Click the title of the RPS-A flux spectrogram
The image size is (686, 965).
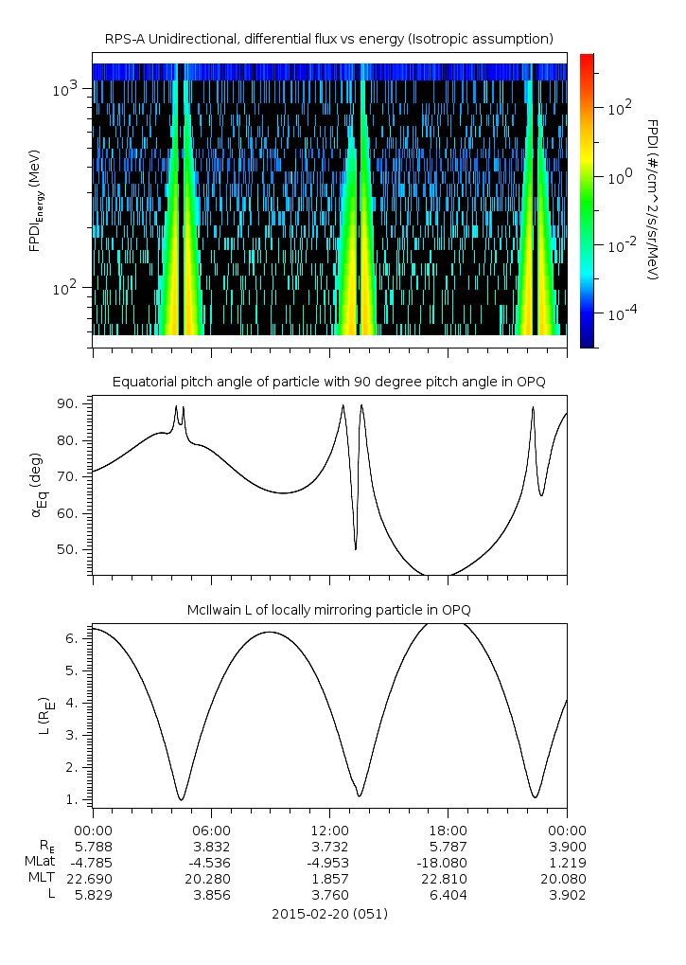point(328,39)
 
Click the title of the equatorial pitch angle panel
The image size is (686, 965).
point(328,382)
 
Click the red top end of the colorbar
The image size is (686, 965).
point(587,59)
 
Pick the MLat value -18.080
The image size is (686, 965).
point(448,863)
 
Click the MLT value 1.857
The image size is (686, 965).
point(329,879)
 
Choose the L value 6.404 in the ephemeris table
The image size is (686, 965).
point(448,895)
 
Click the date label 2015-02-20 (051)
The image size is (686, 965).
point(329,914)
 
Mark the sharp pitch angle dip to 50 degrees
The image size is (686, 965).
point(356,548)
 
